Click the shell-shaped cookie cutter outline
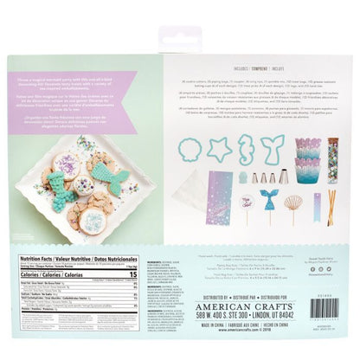(190, 149)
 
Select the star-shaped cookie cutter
(219, 148)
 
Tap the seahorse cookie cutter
(247, 148)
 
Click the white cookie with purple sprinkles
(67, 164)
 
